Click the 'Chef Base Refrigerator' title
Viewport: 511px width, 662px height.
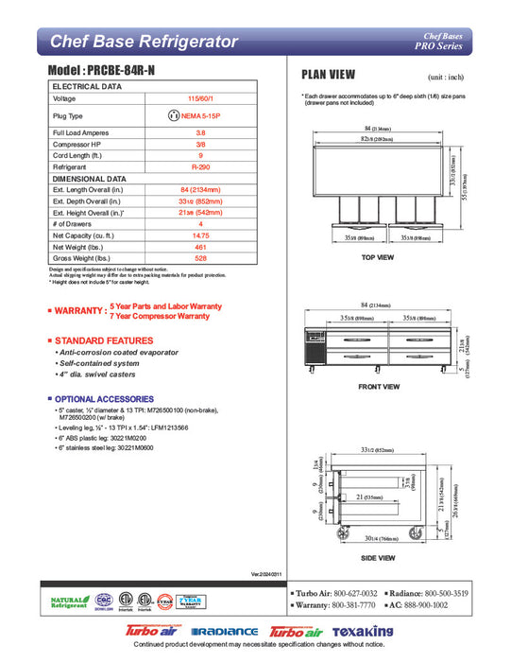[143, 41]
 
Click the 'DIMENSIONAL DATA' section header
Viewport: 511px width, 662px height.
[90, 177]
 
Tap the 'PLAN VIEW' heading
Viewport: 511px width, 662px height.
[328, 75]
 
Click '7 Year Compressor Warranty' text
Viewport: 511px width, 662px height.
[160, 316]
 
